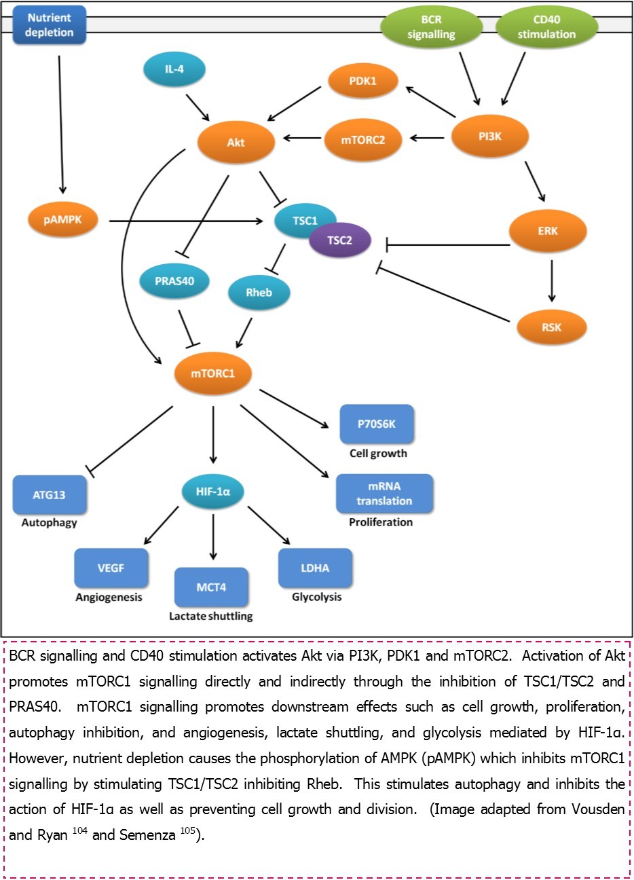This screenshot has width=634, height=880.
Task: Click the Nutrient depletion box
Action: [x=50, y=25]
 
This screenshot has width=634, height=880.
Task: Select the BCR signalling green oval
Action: [x=431, y=27]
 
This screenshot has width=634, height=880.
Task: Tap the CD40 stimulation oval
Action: [x=546, y=27]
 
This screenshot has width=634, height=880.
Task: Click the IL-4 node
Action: [x=174, y=69]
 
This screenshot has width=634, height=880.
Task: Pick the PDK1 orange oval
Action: [x=362, y=81]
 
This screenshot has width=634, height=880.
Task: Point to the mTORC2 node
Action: [x=363, y=140]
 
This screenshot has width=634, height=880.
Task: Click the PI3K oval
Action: [x=489, y=137]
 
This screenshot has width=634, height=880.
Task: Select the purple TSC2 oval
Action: [x=340, y=240]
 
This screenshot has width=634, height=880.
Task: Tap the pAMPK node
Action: [x=62, y=220]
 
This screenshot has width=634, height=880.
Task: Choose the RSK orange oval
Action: [x=551, y=327]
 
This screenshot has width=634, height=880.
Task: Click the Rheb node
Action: [x=259, y=293]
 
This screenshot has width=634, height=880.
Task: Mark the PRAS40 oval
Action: [x=174, y=280]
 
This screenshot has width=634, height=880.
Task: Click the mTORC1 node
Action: [x=213, y=373]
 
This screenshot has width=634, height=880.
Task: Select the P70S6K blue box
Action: [x=376, y=424]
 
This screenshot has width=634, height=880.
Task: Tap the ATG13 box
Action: [x=50, y=495]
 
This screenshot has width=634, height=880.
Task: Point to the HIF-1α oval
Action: [x=213, y=492]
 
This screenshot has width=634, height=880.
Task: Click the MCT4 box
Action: [x=211, y=587]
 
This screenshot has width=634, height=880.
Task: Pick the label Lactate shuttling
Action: [x=210, y=617]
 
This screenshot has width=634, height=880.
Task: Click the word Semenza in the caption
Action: [x=147, y=835]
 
